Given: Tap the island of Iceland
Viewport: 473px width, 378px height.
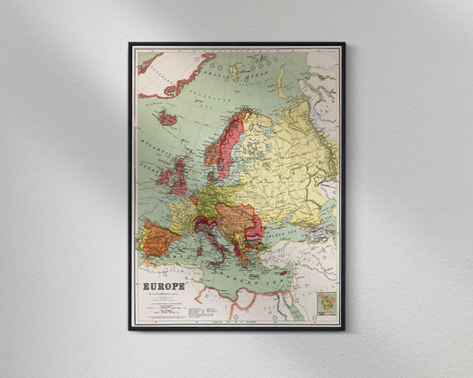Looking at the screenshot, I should click(x=167, y=118).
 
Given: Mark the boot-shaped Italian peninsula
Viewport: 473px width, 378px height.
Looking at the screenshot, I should click(x=210, y=238).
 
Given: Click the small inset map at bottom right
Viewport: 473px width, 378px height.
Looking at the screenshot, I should click(x=327, y=306).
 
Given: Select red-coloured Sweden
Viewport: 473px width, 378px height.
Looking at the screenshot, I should click(x=222, y=146).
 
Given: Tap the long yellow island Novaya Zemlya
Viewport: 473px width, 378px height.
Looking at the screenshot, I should click(x=282, y=83).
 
